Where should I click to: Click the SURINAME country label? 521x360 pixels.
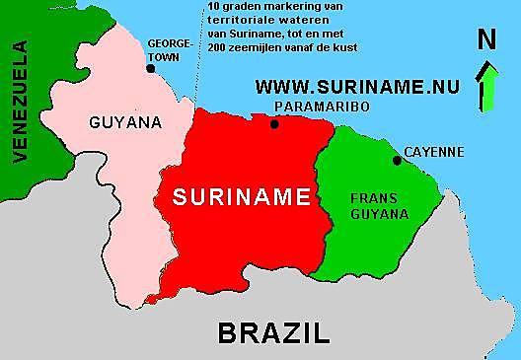pos(242,195)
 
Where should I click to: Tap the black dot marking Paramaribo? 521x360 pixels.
pos(274,124)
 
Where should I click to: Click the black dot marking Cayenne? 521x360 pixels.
pos(398,160)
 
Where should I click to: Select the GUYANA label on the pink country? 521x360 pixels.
pos(125,123)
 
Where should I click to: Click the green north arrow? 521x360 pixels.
pos(486,85)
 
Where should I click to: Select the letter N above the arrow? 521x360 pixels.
pos(486,40)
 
